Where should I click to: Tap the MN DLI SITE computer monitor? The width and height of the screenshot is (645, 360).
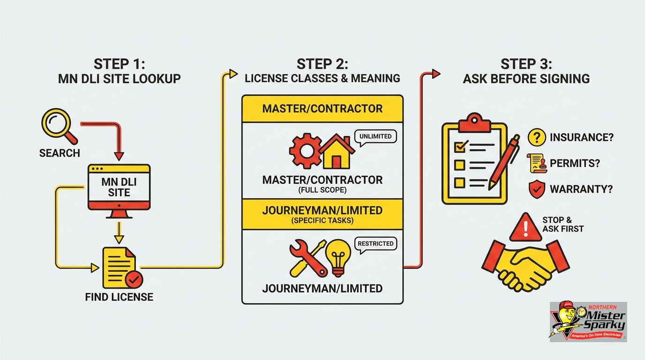point(119,190)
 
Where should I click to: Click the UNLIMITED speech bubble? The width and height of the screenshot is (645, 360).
point(375,136)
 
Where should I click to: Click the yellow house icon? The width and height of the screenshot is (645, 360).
point(336,152)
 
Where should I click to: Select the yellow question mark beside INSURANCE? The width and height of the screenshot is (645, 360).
point(537,137)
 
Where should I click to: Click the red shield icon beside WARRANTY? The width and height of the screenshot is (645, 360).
point(537,189)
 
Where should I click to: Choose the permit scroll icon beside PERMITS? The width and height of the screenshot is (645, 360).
point(537,163)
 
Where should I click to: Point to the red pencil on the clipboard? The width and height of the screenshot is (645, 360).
point(504,163)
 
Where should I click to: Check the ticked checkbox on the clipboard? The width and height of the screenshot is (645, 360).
point(460,147)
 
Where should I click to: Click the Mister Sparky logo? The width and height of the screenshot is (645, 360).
point(588,322)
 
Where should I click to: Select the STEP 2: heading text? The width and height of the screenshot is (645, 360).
point(322,64)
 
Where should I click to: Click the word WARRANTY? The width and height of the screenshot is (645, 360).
point(581,189)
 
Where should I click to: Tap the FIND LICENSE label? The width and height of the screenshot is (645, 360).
point(119,297)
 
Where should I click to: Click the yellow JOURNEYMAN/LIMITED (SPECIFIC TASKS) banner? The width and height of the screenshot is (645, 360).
point(322,215)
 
